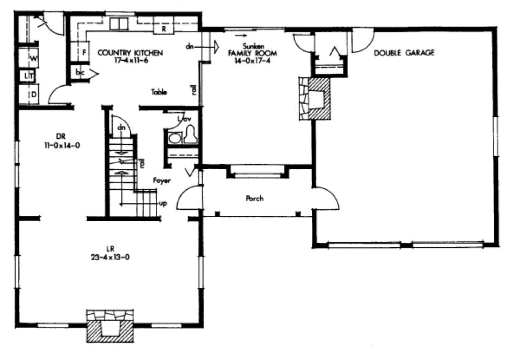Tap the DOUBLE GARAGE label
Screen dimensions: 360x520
pyautogui.click(x=404, y=53)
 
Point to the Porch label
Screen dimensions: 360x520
pyautogui.click(x=254, y=199)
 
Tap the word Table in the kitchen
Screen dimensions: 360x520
pyautogui.click(x=159, y=92)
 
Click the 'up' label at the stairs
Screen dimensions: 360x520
pyautogui.click(x=162, y=204)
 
